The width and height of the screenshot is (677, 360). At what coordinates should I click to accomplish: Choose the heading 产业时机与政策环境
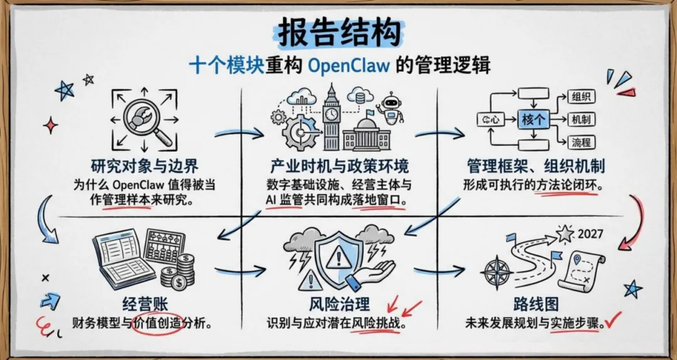point(339,166)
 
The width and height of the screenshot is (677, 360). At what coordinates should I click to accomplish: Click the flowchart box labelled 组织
point(580,97)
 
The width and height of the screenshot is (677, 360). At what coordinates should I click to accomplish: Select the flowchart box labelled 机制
point(580,119)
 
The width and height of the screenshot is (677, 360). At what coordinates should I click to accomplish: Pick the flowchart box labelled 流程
point(580,142)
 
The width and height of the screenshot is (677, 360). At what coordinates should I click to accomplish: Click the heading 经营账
point(135,306)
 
